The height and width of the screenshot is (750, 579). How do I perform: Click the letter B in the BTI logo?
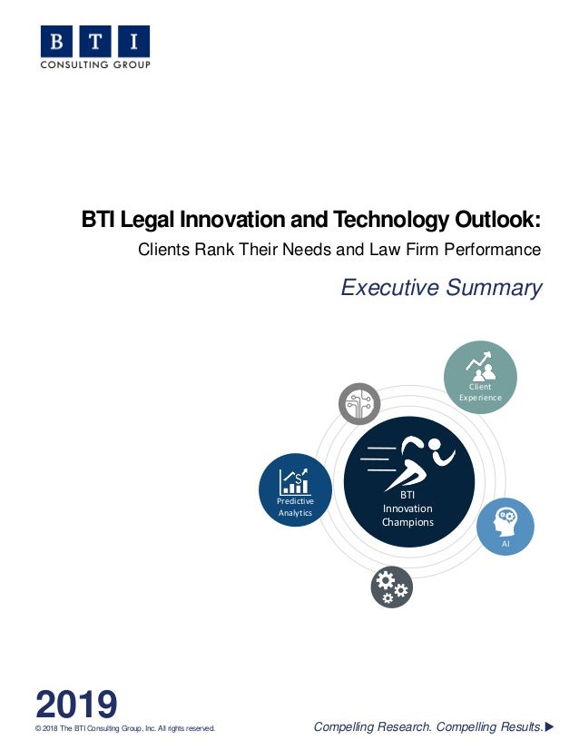[x=56, y=42]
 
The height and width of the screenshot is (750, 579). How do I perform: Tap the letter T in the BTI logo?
[x=95, y=42]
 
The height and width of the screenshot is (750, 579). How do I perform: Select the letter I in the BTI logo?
[x=133, y=42]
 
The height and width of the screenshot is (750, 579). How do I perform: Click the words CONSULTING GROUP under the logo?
[x=95, y=64]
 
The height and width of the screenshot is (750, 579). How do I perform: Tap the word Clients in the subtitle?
[x=163, y=248]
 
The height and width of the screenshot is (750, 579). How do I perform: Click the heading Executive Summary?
[x=441, y=288]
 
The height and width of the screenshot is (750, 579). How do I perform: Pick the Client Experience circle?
[x=480, y=377]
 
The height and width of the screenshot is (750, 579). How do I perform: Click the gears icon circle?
[x=391, y=587]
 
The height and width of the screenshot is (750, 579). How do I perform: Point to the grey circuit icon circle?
[x=359, y=404]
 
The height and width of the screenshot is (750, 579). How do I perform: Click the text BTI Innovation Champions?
[x=407, y=508]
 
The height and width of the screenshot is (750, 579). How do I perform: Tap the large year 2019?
[x=76, y=705]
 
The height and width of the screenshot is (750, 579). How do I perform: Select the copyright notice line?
[x=124, y=727]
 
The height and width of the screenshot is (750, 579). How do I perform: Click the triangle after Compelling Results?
[x=548, y=726]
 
